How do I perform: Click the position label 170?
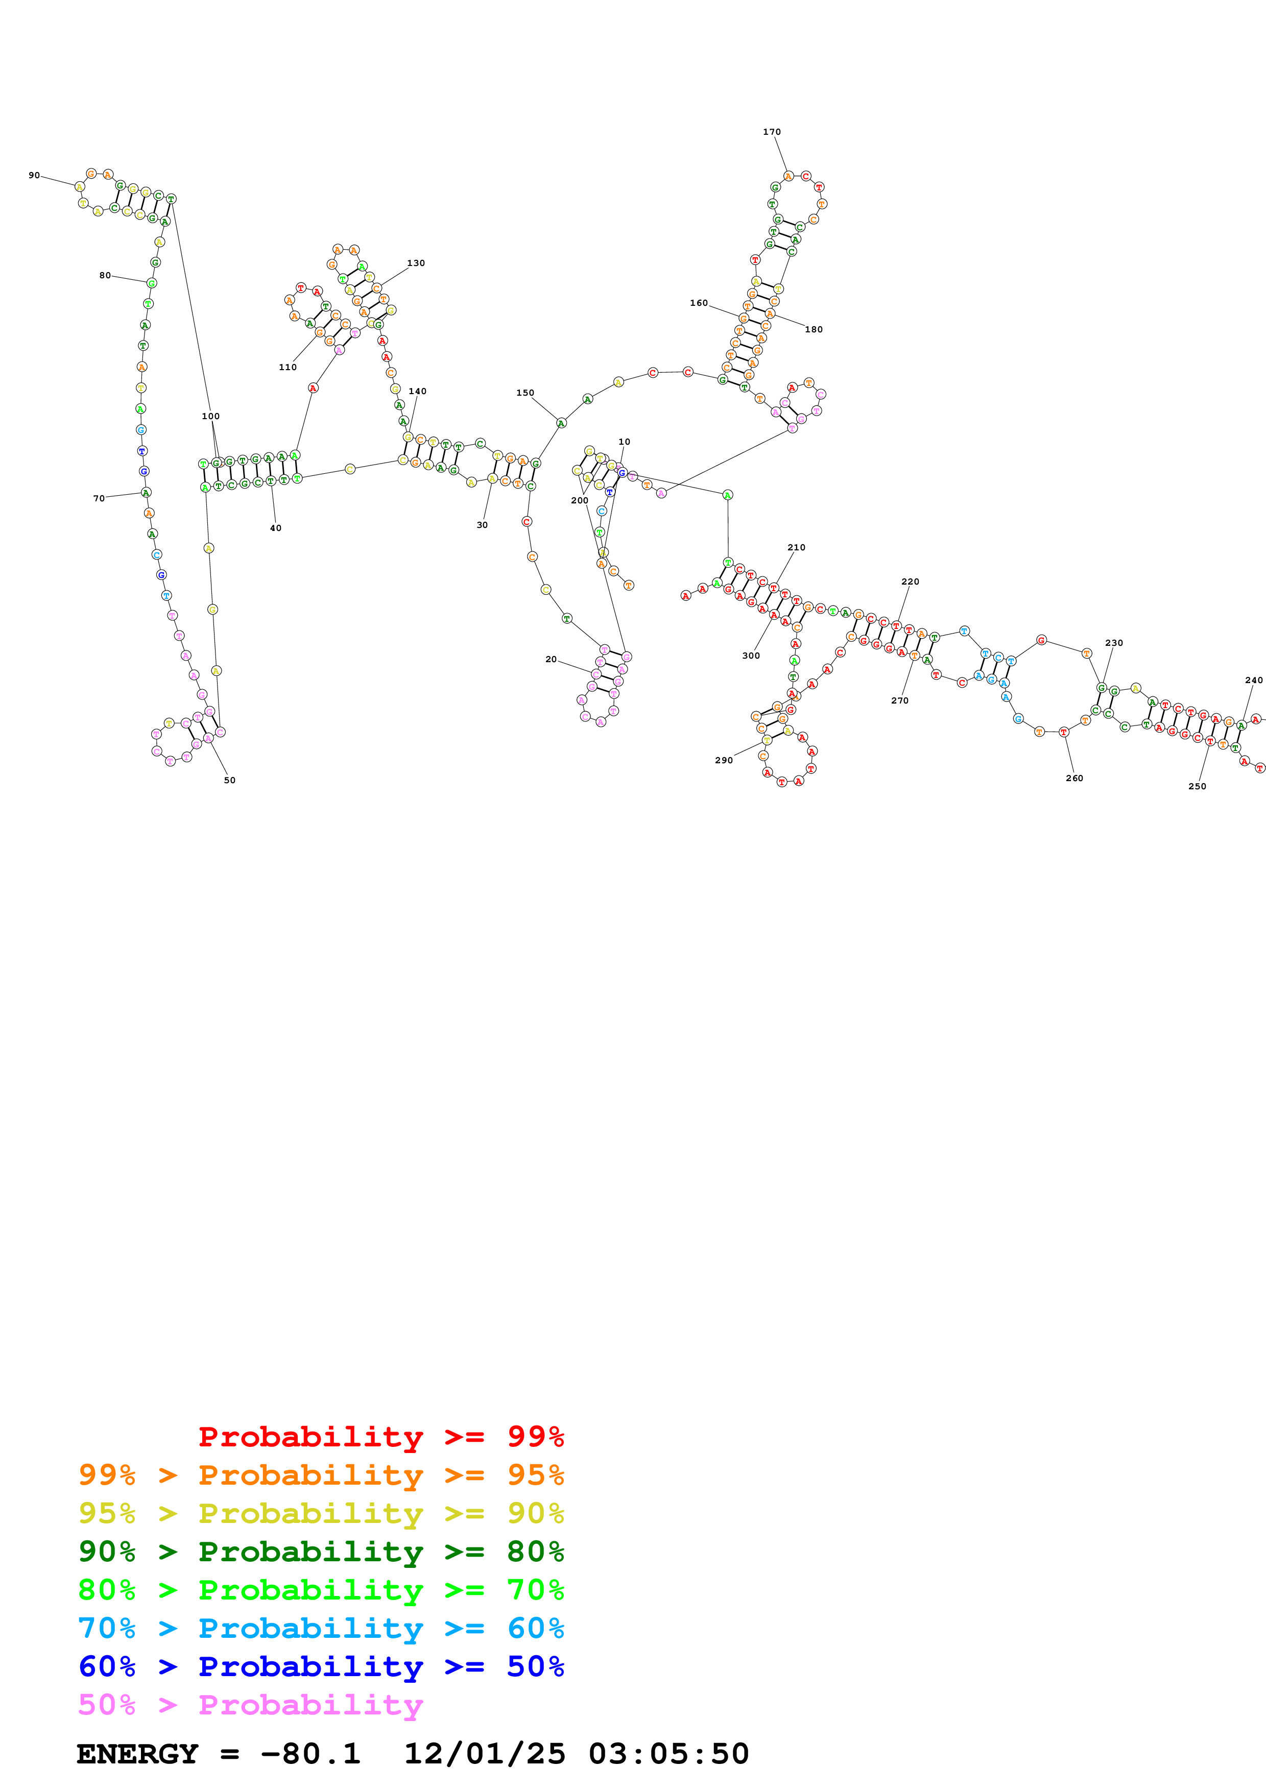pyautogui.click(x=772, y=132)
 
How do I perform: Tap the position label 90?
pyautogui.click(x=34, y=176)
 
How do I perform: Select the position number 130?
pyautogui.click(x=416, y=263)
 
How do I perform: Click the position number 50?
pyautogui.click(x=229, y=780)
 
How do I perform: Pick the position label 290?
pyautogui.click(x=724, y=760)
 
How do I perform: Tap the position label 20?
pyautogui.click(x=551, y=659)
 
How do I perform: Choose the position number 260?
pyautogui.click(x=1074, y=778)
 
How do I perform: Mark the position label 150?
pyautogui.click(x=525, y=393)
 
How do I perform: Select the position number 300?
pyautogui.click(x=750, y=655)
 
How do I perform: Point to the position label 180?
pyautogui.click(x=814, y=329)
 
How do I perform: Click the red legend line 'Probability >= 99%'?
pyautogui.click(x=380, y=1436)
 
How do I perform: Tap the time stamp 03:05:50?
pyautogui.click(x=668, y=1754)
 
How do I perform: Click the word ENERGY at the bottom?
pyautogui.click(x=137, y=1754)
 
